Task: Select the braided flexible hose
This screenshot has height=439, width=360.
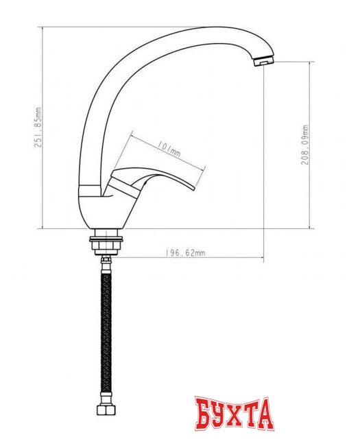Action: coord(106,329)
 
